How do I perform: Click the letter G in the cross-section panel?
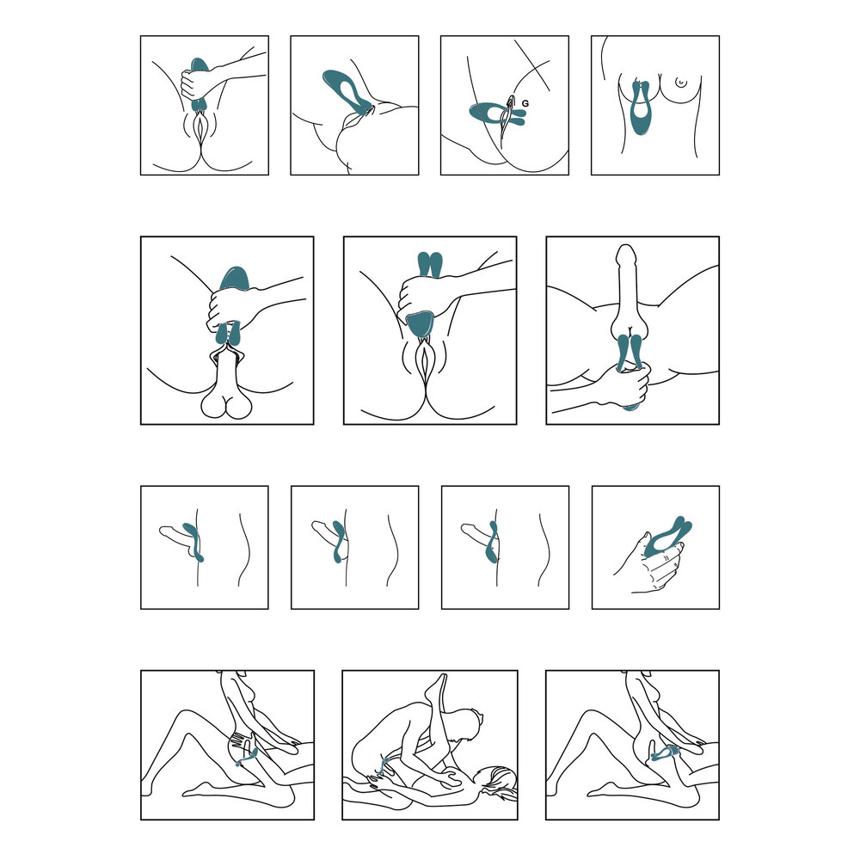tap(526, 103)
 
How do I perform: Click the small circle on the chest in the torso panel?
tap(681, 83)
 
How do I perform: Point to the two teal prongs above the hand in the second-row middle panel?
tap(429, 265)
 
